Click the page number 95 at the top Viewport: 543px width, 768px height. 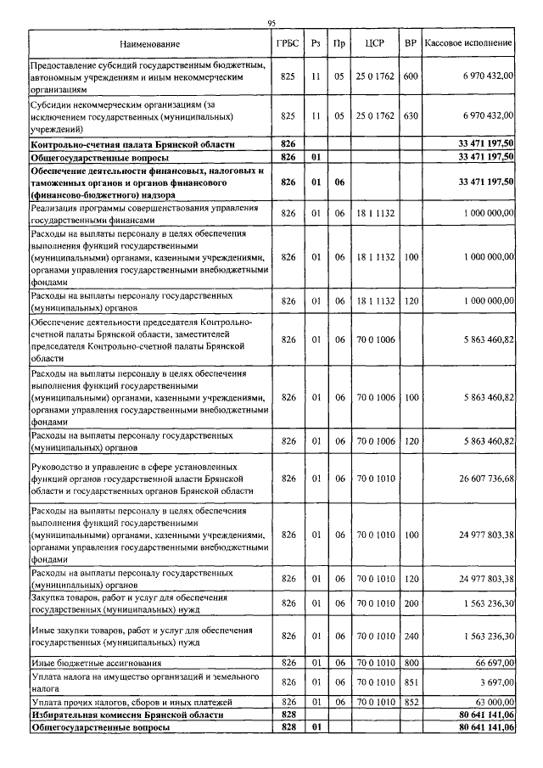(x=271, y=23)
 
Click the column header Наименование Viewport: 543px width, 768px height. (x=150, y=42)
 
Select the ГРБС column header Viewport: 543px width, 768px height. (x=288, y=42)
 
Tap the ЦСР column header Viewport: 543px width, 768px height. (x=375, y=42)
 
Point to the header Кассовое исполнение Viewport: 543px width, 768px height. (x=468, y=42)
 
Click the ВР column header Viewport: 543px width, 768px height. (x=411, y=42)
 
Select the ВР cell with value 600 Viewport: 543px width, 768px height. (x=411, y=76)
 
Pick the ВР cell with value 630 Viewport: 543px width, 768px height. (x=411, y=116)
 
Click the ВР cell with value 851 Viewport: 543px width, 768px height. (x=411, y=681)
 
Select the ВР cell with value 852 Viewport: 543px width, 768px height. (x=411, y=703)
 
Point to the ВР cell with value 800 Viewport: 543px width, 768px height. (x=411, y=662)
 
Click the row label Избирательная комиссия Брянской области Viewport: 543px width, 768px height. (x=127, y=715)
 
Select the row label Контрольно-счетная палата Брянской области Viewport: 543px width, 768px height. (x=126, y=145)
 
